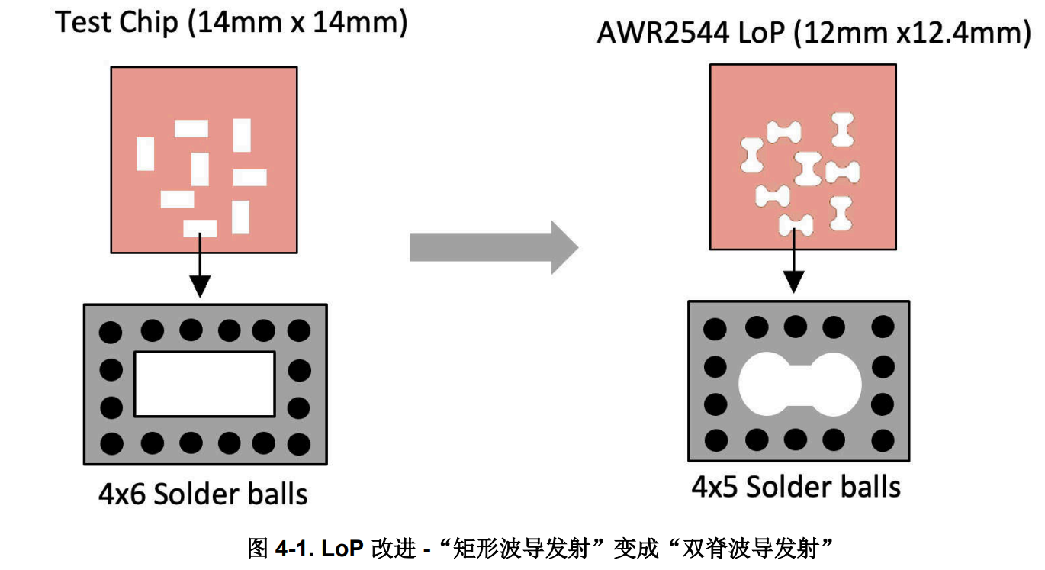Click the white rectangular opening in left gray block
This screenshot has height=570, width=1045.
(204, 384)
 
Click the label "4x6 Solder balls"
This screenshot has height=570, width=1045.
(203, 494)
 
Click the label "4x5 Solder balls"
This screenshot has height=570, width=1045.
(796, 487)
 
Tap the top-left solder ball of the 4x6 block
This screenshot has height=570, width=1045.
(111, 332)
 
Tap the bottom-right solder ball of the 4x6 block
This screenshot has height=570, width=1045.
(300, 442)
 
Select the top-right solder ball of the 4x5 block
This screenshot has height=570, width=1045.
(883, 328)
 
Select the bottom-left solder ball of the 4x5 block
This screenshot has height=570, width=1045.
(715, 440)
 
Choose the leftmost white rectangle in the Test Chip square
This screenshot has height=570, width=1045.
(145, 153)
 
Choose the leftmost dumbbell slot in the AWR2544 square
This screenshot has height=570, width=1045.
(752, 156)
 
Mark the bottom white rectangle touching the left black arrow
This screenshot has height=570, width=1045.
(200, 228)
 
